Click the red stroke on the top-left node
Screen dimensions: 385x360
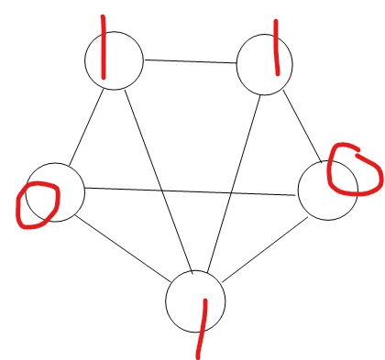[x=104, y=47]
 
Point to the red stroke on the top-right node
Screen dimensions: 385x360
[x=277, y=48]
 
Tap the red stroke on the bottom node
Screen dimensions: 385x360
[x=202, y=329]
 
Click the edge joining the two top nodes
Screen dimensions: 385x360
[x=191, y=61]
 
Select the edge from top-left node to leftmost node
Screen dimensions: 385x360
[x=86, y=127]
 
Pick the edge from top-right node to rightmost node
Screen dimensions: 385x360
[x=302, y=125]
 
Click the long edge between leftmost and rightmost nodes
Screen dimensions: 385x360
[x=192, y=191]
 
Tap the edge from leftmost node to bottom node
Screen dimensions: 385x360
[x=123, y=248]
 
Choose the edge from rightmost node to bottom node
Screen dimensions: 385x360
[x=265, y=249]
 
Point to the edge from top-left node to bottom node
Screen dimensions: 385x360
[x=159, y=180]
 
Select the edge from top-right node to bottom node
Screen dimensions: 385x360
[x=234, y=184]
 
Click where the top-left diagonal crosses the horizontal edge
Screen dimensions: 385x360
[x=162, y=191]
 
